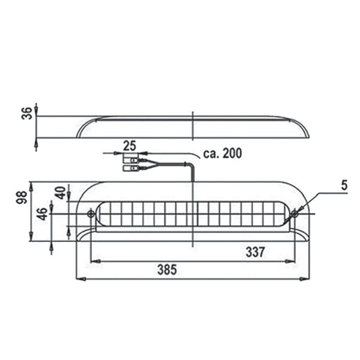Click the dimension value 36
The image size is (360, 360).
click(x=27, y=114)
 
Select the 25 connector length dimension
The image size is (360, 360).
click(x=129, y=145)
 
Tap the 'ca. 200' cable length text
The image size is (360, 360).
click(x=222, y=154)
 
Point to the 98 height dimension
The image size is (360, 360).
click(x=21, y=197)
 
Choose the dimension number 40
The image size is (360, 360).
click(x=60, y=193)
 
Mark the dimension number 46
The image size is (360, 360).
click(x=42, y=214)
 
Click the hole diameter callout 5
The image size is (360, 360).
click(x=344, y=186)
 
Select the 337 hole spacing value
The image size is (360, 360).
click(x=254, y=252)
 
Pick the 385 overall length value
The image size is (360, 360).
click(x=166, y=270)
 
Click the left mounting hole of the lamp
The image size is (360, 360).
click(x=91, y=214)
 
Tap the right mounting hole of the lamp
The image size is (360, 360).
click(x=294, y=214)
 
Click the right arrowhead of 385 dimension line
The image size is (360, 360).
click(x=305, y=279)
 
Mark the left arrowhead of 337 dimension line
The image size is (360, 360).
click(x=93, y=261)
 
